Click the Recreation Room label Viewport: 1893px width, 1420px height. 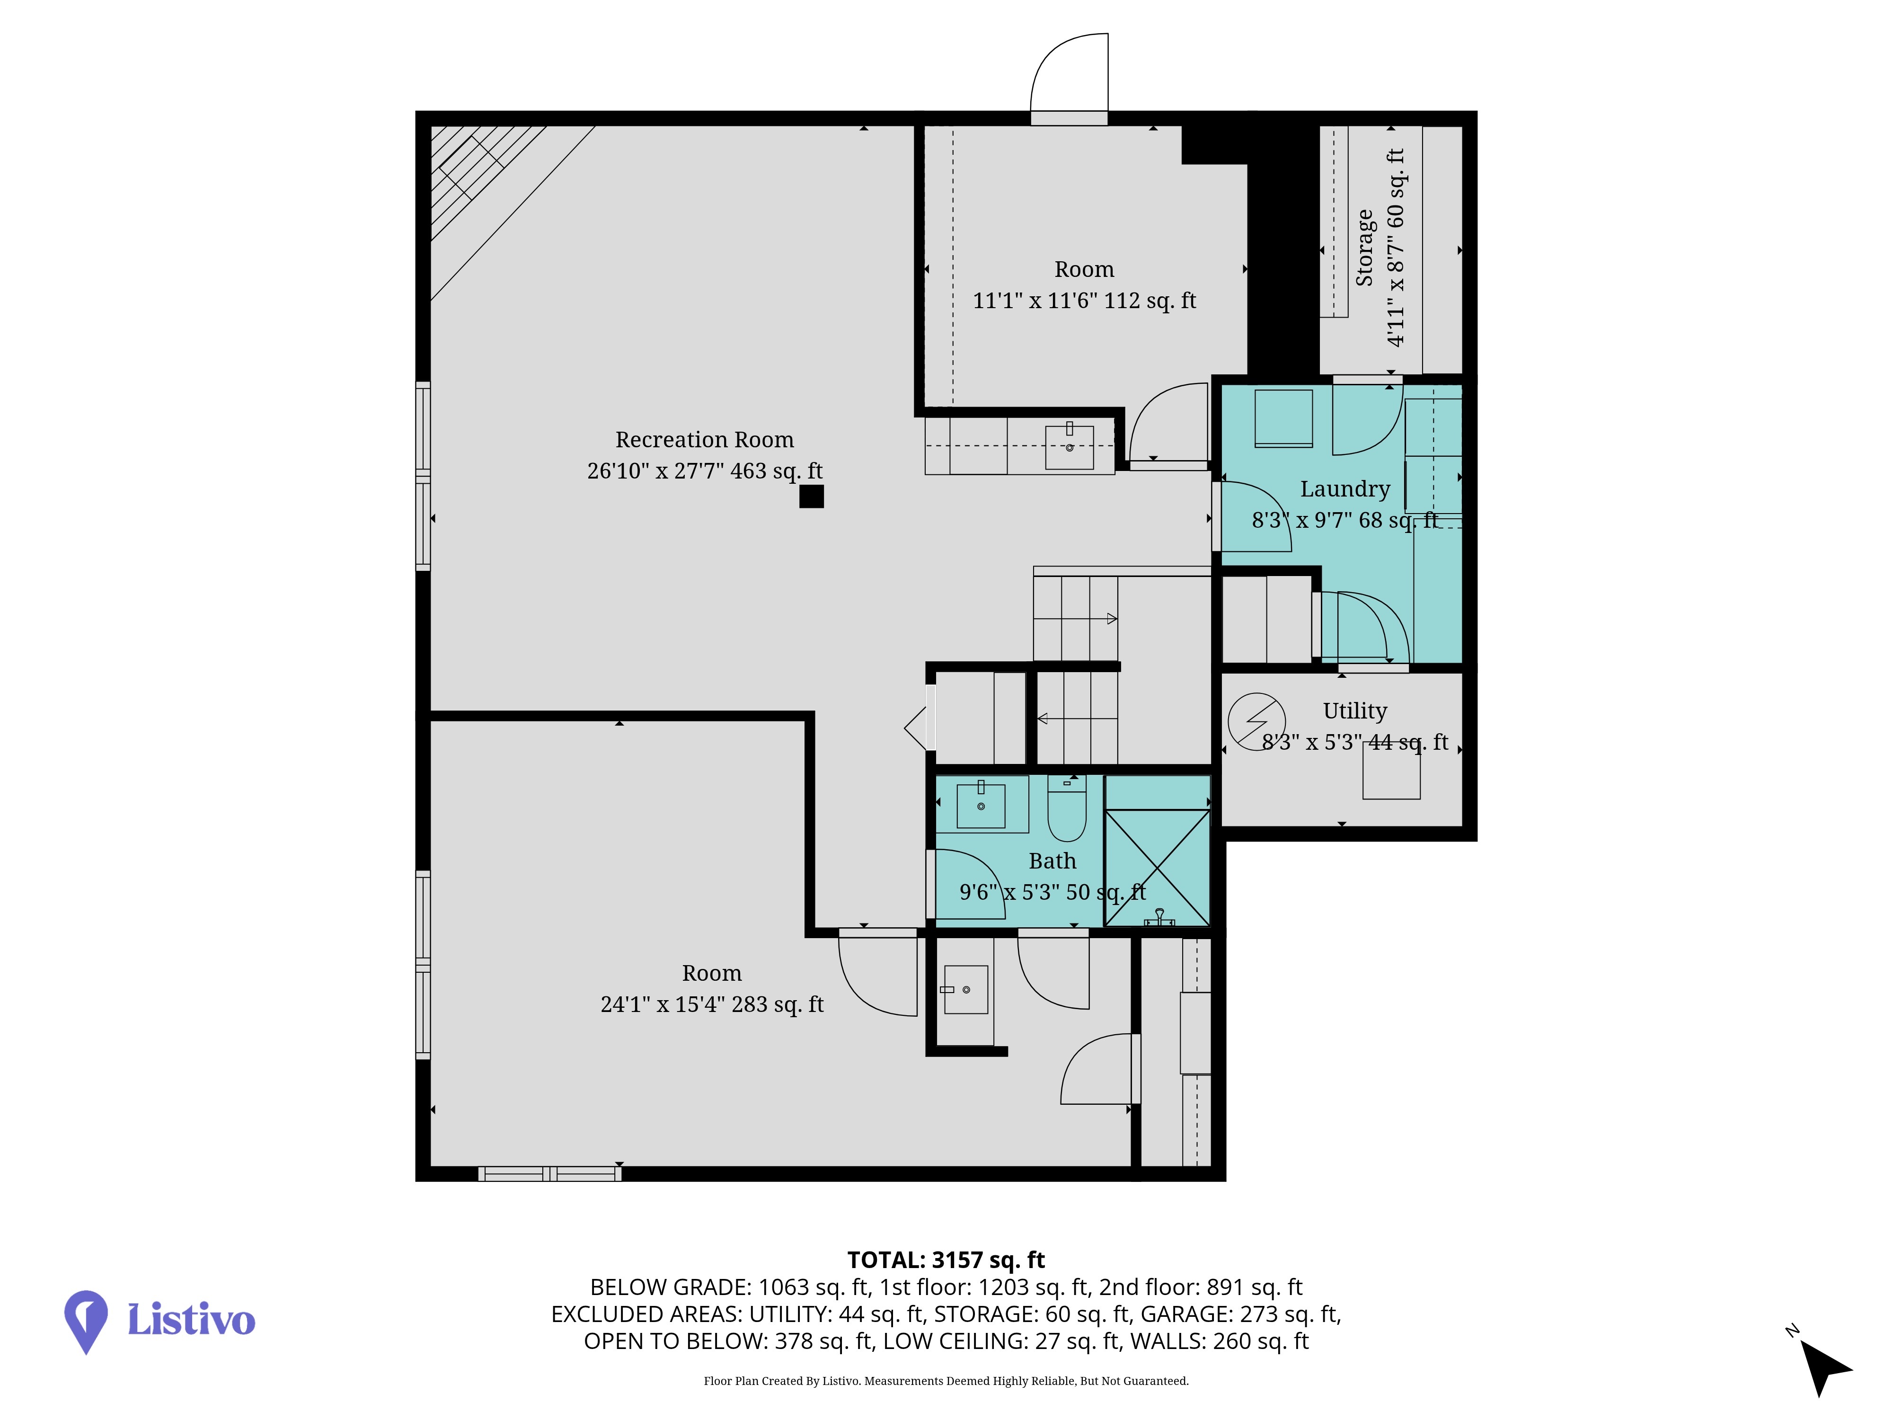704,440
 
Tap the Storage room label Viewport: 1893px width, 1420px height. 1364,248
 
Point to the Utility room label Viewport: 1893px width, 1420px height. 1355,710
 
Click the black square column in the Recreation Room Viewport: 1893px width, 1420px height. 811,497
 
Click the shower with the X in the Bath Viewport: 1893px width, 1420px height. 1157,867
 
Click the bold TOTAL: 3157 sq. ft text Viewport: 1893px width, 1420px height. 946,1260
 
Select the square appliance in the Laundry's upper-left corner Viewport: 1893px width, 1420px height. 1283,417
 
